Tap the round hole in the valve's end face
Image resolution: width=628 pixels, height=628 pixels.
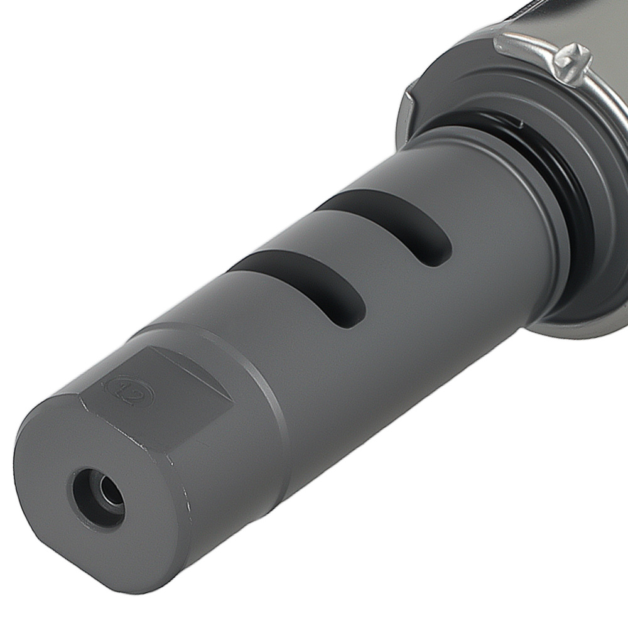point(99,497)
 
